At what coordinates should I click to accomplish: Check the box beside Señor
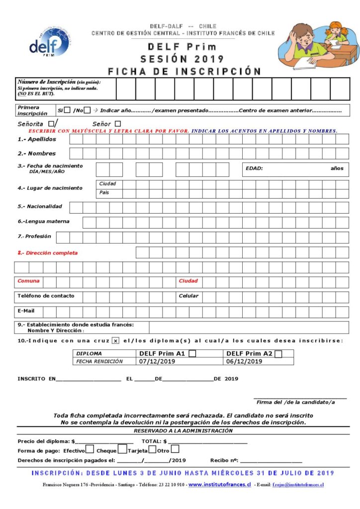tap(118, 124)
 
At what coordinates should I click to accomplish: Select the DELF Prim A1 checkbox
tap(192, 354)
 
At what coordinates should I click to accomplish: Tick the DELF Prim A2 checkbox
tap(278, 354)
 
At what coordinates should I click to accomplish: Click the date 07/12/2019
tap(157, 361)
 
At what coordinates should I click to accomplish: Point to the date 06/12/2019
tap(244, 361)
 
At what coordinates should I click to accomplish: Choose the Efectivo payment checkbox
tap(90, 450)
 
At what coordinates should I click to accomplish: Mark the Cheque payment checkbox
tap(122, 450)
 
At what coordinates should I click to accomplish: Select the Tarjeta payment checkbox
tap(152, 450)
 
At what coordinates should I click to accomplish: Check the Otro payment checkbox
tap(175, 450)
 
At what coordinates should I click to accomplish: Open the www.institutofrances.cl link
tap(219, 484)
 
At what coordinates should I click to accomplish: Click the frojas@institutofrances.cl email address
tap(298, 485)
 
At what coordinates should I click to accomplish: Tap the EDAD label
tap(254, 169)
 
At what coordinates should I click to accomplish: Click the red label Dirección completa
tap(48, 253)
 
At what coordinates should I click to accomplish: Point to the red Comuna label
tap(28, 281)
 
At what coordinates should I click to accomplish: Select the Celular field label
tap(188, 296)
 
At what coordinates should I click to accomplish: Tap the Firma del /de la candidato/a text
tap(295, 402)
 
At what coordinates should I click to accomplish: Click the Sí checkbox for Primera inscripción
tap(67, 110)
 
